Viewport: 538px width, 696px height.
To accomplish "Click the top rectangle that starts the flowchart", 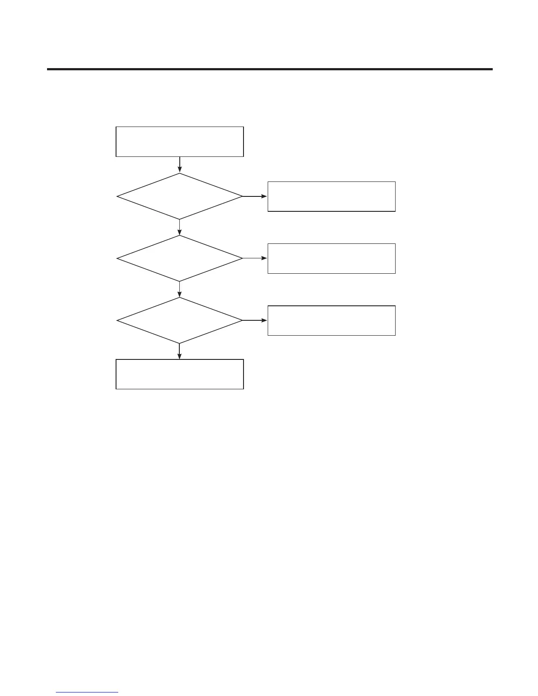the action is click(x=179, y=141).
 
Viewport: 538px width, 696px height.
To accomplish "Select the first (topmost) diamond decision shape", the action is click(x=179, y=196).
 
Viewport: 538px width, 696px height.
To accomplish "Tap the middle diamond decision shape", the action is click(x=179, y=258).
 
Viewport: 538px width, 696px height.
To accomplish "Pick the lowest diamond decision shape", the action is click(x=179, y=320).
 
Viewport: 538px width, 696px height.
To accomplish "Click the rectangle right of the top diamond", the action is click(x=331, y=196).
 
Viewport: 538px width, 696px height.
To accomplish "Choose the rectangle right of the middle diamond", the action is click(x=331, y=258).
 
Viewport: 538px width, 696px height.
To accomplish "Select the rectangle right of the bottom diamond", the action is click(x=331, y=320).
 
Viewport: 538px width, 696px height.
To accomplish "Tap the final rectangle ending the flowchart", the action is click(x=179, y=374).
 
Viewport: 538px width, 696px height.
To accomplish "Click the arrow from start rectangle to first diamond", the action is click(x=179, y=165).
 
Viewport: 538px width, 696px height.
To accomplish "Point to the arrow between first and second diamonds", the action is click(x=179, y=227).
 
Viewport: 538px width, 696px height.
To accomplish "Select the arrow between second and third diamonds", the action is click(x=179, y=289).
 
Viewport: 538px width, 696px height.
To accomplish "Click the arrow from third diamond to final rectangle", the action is click(x=179, y=351).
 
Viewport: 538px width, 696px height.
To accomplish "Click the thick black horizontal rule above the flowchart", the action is click(x=269, y=69).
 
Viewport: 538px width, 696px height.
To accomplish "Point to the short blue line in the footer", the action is click(x=87, y=692).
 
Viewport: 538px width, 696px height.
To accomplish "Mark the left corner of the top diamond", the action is click(x=117, y=196).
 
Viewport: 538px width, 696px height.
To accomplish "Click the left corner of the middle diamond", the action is click(x=117, y=258).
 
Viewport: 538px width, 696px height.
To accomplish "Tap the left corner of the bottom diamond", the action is click(x=117, y=320).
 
